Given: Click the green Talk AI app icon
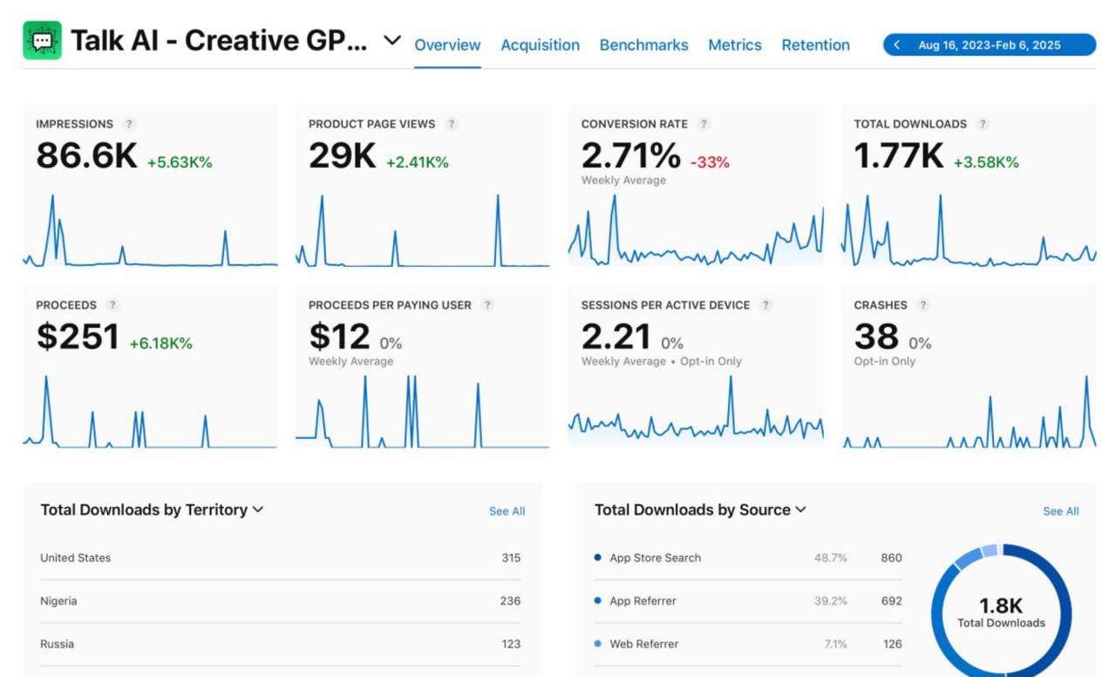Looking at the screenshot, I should (42, 40).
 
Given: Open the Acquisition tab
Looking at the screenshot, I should (540, 45).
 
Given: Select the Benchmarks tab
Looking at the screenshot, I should (643, 45).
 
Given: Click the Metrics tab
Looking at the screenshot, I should (734, 45).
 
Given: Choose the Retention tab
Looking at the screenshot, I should (815, 45).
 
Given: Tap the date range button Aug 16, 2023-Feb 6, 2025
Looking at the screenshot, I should (989, 45).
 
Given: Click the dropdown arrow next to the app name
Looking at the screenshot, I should (392, 40).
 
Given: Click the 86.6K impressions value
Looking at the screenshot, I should (86, 156).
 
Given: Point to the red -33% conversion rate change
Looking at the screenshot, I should (710, 162).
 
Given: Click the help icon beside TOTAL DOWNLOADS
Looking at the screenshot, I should (983, 124).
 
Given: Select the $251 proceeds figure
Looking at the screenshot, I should (78, 337).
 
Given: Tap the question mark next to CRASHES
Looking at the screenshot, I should (923, 305).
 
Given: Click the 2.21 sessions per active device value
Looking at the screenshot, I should (616, 337).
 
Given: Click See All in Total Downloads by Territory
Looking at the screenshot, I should (507, 511).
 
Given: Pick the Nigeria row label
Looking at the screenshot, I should (58, 601).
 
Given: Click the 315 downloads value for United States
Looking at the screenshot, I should (511, 558).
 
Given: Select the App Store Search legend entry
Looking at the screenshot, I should (655, 558).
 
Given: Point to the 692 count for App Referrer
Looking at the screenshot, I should (890, 601).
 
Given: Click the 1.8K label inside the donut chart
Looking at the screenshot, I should (1001, 605).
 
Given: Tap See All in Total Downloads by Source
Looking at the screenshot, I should (1060, 511).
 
